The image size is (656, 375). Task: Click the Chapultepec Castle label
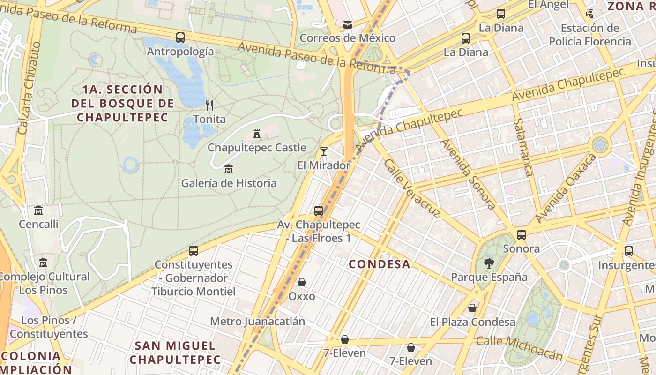click(x=257, y=148)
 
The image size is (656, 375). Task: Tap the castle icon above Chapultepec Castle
click(x=256, y=134)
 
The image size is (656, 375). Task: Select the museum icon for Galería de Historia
click(x=229, y=169)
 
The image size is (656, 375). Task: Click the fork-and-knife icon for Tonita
click(x=209, y=105)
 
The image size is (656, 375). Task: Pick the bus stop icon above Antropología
click(x=180, y=37)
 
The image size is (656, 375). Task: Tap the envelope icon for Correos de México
click(x=348, y=24)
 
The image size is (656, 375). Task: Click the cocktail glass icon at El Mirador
click(x=323, y=151)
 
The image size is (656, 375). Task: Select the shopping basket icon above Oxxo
click(x=302, y=282)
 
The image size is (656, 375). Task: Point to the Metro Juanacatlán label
click(x=257, y=322)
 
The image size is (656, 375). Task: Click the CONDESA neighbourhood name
click(x=380, y=264)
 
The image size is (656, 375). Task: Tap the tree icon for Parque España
click(x=489, y=263)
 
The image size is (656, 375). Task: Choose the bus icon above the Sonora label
click(x=521, y=235)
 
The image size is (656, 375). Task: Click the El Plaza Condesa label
click(x=472, y=322)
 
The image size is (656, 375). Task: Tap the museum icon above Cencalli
click(x=38, y=210)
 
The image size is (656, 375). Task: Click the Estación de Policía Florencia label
click(x=590, y=35)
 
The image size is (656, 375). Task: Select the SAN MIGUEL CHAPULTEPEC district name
click(x=175, y=353)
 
